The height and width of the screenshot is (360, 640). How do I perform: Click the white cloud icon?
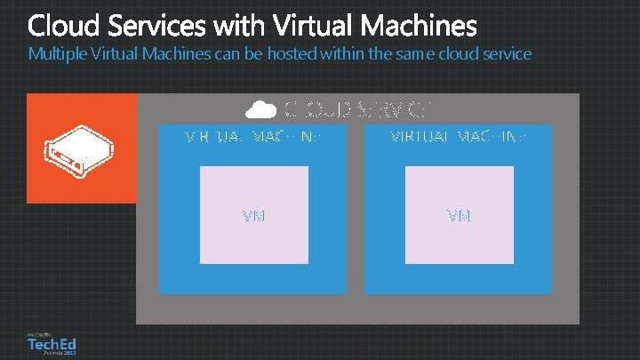pyautogui.click(x=260, y=109)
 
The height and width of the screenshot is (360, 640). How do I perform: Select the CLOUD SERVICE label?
pyautogui.click(x=358, y=109)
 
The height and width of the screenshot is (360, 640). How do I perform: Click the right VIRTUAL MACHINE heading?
pyautogui.click(x=459, y=138)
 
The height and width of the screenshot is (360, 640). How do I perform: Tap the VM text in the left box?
pyautogui.click(x=254, y=216)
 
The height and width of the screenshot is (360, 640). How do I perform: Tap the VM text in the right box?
pyautogui.click(x=459, y=216)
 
